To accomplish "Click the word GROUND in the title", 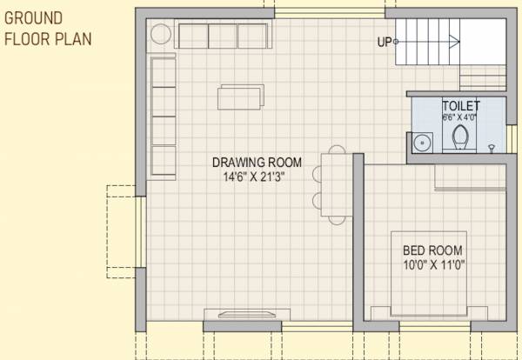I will pos(34,17).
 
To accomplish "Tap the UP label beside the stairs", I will pos(383,41).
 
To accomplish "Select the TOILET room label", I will pos(460,105).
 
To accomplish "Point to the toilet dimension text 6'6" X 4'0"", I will pos(460,117).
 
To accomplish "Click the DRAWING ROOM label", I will pos(257,162).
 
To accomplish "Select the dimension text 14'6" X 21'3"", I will pos(254,175).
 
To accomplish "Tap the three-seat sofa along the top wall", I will pos(221,36).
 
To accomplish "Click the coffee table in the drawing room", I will pos(239,97).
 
